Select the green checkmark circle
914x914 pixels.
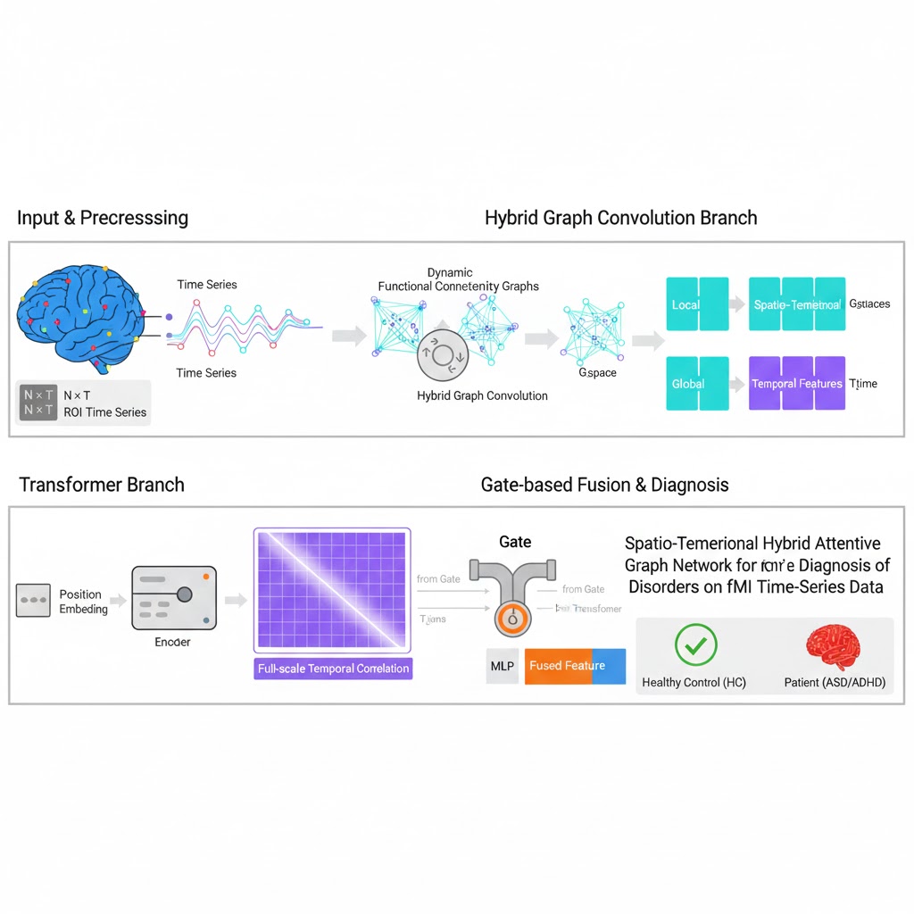[695, 645]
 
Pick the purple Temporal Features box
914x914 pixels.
[796, 383]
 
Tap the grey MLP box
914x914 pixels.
[503, 666]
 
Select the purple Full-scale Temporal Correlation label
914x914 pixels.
[333, 669]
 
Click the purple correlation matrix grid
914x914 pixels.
[332, 589]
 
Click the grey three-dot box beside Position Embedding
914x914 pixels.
[33, 601]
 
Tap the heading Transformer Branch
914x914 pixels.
[102, 485]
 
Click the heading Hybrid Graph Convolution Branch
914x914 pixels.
[620, 218]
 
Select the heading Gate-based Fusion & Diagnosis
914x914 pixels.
[604, 485]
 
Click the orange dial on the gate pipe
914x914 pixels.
[511, 617]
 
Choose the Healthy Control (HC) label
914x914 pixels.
[694, 683]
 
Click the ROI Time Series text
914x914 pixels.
[106, 412]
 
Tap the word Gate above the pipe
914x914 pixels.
[515, 542]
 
